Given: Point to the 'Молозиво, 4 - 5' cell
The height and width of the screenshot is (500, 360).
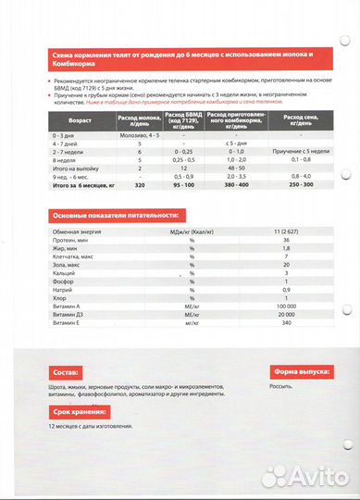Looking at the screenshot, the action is (138, 136).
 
